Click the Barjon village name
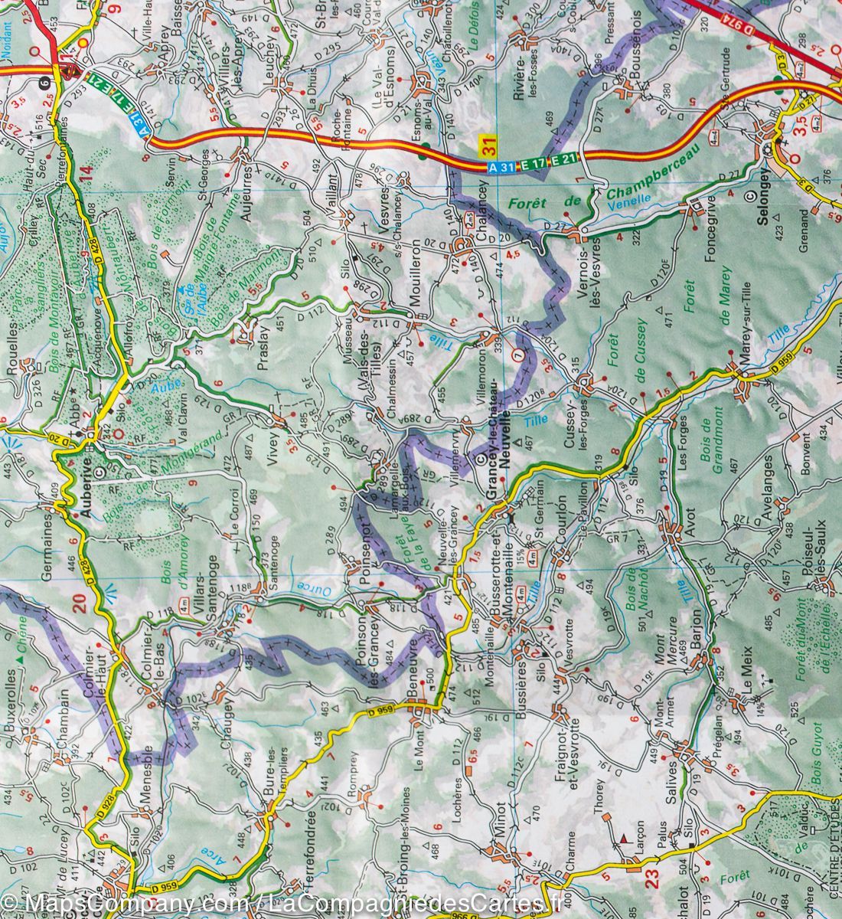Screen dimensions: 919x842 [696, 630]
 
